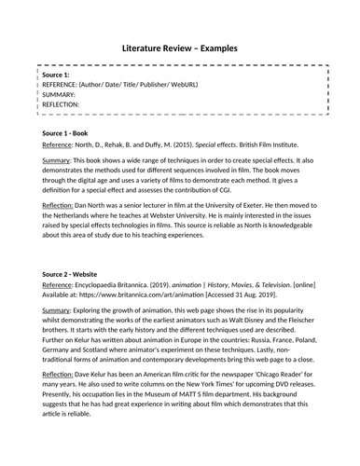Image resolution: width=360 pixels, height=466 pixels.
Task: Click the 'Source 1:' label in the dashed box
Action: (55, 74)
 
